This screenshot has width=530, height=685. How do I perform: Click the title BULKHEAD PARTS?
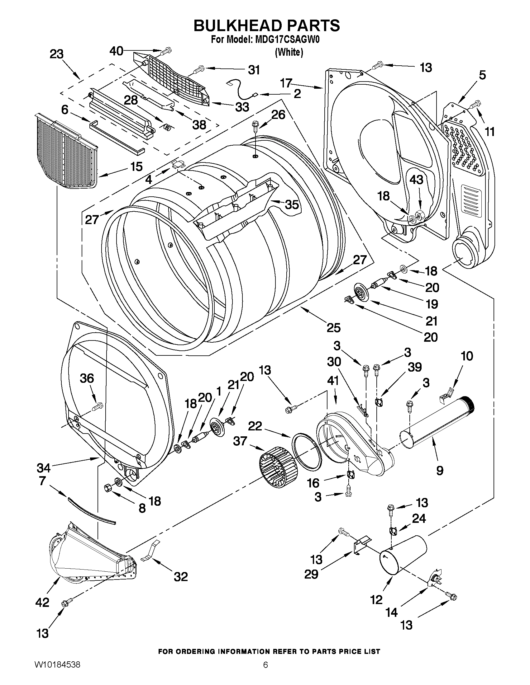(x=266, y=26)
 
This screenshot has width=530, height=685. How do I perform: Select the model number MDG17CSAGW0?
(x=288, y=40)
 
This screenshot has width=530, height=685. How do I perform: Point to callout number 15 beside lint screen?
(x=136, y=167)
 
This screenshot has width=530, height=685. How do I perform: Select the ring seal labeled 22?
(x=307, y=451)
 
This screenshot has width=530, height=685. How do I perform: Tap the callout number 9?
(x=440, y=470)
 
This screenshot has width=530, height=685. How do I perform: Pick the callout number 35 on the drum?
(x=292, y=205)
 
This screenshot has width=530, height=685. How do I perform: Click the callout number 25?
(x=333, y=328)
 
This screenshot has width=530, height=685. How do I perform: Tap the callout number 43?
(x=416, y=180)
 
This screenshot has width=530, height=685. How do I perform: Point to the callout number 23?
(x=56, y=54)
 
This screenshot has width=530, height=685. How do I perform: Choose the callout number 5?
(x=482, y=75)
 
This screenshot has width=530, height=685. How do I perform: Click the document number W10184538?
(x=57, y=673)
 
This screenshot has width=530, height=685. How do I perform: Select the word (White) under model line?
(x=289, y=52)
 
